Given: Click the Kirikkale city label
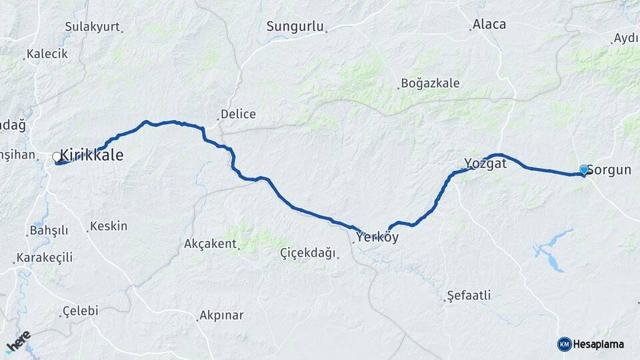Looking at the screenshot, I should pos(92,155).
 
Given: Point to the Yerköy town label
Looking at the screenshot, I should pos(377,236).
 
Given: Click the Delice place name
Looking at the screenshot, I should pos(238,114).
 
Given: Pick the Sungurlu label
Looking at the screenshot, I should pos(295,27).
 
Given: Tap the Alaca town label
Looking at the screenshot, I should pos(489,25).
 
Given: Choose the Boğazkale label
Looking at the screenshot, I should pos(430,84).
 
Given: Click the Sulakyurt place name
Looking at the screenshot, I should pos(92,27).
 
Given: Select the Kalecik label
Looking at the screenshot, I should pos(47,54).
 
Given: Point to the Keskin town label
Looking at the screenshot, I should pos(109,226).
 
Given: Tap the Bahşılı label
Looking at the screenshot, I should pos(49,231).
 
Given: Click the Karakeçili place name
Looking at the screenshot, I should pos(45,257).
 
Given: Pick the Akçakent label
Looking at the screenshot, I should pos(211,244).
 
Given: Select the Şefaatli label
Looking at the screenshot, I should pos(469,295).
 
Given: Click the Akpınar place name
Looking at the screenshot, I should pos(222,315).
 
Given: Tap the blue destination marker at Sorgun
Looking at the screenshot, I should pos(584,170).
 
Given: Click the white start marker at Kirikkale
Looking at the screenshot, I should pos(57,157).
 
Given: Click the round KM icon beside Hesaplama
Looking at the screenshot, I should pos(564,344).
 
